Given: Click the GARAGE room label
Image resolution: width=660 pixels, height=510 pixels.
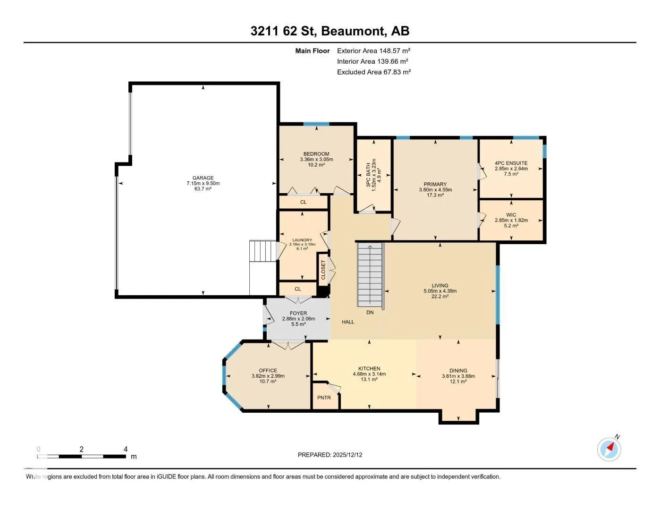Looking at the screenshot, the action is (203, 178).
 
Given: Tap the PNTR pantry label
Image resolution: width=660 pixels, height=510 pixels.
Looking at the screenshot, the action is (324, 398).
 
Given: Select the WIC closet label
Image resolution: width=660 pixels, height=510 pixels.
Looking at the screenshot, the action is (511, 215).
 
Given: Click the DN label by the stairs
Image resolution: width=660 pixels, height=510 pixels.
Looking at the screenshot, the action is (370, 312).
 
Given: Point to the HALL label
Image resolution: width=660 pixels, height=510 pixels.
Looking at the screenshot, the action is (348, 322).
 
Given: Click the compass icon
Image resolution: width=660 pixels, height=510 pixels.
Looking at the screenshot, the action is (609, 450).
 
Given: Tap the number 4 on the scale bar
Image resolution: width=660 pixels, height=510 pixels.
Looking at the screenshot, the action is (126, 449).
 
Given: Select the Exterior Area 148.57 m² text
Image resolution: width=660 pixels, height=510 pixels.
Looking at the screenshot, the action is (373, 51).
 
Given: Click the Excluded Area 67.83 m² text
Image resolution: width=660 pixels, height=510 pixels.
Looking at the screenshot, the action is (374, 72).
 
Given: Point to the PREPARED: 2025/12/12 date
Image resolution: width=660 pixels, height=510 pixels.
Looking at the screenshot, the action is (330, 455).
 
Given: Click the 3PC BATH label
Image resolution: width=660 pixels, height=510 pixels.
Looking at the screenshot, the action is (368, 175).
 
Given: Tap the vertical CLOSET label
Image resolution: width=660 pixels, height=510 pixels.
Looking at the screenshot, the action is (323, 270).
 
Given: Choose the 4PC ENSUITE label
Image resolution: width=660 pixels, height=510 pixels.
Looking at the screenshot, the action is (511, 163).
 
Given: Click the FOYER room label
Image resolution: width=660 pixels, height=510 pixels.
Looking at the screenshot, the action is (298, 313).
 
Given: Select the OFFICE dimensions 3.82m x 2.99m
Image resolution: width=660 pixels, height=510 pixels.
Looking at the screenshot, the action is (268, 376).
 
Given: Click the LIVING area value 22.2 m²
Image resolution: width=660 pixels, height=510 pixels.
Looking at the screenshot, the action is (440, 296).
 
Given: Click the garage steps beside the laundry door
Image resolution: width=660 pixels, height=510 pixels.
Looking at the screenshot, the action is (263, 251).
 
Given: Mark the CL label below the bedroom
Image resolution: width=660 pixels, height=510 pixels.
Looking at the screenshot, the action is (303, 202).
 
